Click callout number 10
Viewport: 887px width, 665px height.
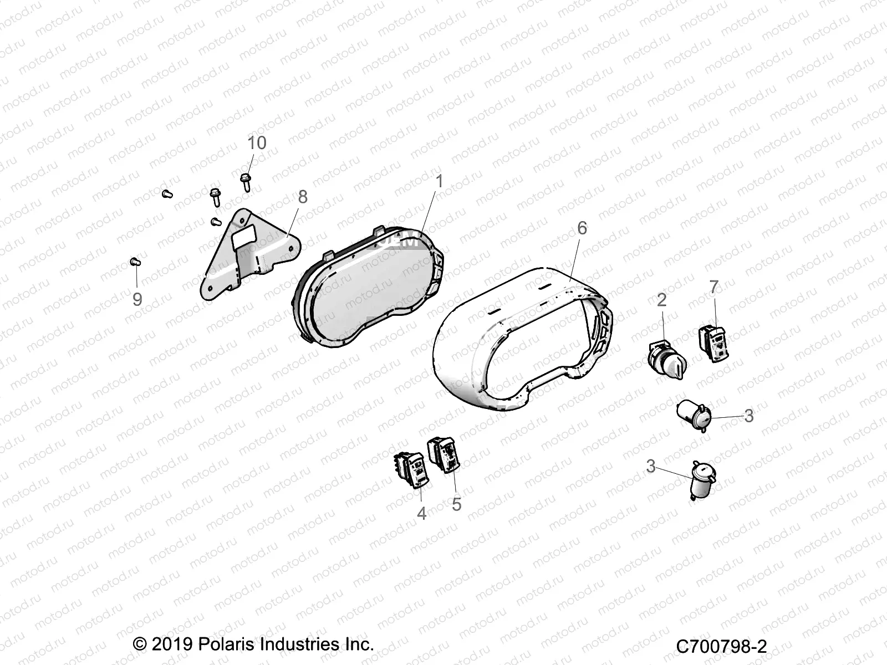coord(257,143)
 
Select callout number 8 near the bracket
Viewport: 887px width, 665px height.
coord(302,197)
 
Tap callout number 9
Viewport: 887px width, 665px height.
coord(137,299)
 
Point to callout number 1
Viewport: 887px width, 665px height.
coord(439,182)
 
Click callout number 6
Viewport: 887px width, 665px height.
coord(582,228)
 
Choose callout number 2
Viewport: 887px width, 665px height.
coord(661,300)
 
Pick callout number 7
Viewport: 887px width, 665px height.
coord(713,287)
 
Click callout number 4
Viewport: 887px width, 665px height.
coord(421,513)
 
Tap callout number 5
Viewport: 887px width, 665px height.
coord(456,504)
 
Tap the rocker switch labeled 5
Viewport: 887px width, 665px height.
coord(445,455)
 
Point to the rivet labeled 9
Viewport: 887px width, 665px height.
coord(135,262)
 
